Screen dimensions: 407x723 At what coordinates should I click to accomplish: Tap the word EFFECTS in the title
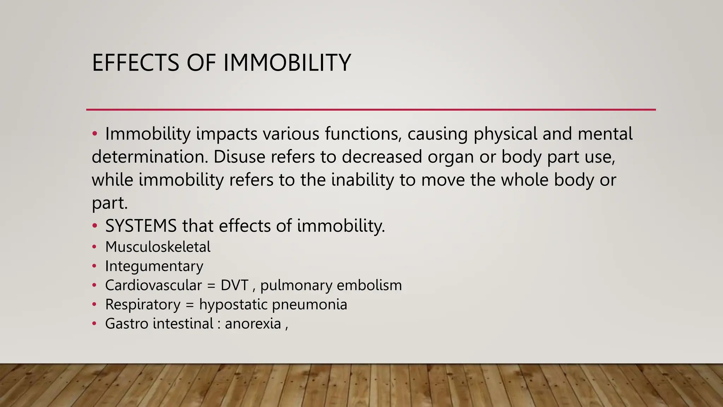pyautogui.click(x=136, y=63)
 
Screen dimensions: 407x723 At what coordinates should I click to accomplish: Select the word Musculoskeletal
pyautogui.click(x=158, y=247)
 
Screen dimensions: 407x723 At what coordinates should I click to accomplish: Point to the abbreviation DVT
pyautogui.click(x=234, y=285)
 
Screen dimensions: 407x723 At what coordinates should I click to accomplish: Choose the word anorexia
pyautogui.click(x=253, y=324)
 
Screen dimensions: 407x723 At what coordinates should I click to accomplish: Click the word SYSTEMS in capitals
pyautogui.click(x=141, y=226)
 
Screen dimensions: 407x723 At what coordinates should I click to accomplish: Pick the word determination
pyautogui.click(x=150, y=157)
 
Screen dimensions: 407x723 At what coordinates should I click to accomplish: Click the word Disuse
pyautogui.click(x=239, y=157)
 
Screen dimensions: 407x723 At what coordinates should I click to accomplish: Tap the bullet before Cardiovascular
pyautogui.click(x=94, y=285)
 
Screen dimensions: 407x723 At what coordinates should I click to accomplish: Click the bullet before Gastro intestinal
pyautogui.click(x=94, y=324)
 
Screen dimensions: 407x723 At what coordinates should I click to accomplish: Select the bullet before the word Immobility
pyautogui.click(x=94, y=134)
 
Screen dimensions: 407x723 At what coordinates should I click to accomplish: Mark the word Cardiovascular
pyautogui.click(x=154, y=285)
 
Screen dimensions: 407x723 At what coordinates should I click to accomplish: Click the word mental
pyautogui.click(x=605, y=134)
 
